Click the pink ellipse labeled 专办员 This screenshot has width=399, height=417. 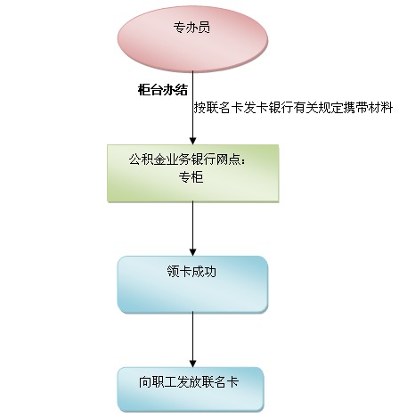192,39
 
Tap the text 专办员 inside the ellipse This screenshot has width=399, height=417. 191,28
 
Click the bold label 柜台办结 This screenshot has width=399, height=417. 163,90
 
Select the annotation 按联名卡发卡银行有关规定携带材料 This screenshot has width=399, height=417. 293,108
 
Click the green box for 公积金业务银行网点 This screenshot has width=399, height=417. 192,174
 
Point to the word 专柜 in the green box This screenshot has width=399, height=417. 191,177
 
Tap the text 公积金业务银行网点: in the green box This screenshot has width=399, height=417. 188,159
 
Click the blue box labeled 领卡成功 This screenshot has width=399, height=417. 192,284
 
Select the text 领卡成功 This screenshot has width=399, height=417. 191,271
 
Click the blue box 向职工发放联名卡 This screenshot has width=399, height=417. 191,389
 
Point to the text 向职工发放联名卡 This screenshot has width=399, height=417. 189,382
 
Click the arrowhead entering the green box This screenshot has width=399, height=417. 193,141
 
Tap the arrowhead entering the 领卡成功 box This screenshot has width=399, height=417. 193,252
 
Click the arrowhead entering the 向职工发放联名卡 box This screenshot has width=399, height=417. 193,364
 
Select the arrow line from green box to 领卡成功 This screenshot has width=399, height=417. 193,229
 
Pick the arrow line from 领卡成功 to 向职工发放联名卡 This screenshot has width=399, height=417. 193,339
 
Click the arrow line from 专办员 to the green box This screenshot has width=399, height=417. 193,108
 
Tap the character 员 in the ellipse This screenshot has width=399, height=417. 204,28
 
